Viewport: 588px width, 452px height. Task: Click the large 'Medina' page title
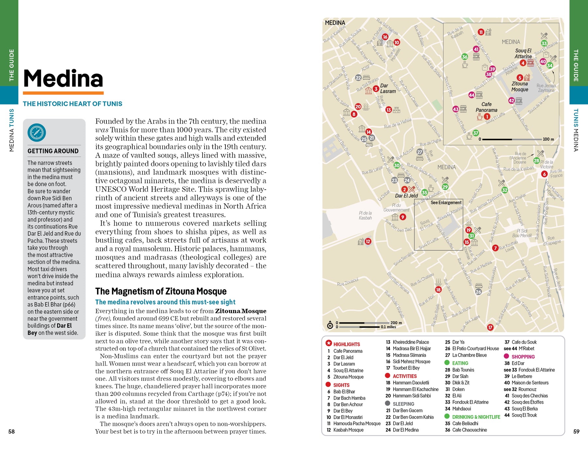click(63, 79)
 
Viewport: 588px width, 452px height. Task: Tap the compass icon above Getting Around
click(37, 132)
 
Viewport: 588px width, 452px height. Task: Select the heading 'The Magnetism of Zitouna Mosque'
click(161, 291)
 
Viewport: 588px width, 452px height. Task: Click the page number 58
click(11, 431)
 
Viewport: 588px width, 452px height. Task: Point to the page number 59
click(576, 431)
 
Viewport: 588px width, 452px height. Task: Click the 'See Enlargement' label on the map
click(446, 203)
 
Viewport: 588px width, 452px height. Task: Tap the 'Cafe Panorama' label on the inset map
click(486, 107)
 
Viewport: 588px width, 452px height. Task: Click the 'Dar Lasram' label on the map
click(388, 88)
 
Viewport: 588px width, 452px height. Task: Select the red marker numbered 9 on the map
click(403, 217)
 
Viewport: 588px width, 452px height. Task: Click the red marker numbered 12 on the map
click(368, 242)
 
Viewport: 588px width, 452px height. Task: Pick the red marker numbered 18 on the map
click(438, 290)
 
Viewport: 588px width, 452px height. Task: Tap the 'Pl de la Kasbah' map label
click(365, 215)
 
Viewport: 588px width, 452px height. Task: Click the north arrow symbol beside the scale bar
click(330, 325)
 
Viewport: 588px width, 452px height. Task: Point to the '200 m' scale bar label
click(396, 323)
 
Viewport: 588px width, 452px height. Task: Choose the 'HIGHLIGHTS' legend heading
click(346, 344)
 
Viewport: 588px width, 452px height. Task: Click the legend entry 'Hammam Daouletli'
click(411, 383)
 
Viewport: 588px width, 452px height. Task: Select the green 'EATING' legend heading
click(460, 363)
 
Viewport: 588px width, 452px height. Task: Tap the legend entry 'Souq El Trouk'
click(524, 415)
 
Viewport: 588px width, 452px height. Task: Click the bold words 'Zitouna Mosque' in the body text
click(240, 311)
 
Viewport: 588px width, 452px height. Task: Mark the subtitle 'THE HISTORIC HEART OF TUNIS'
click(73, 104)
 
